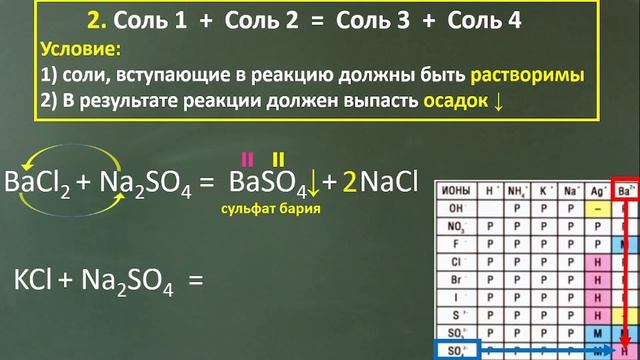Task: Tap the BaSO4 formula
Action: click(268, 183)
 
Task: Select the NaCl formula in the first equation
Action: click(389, 183)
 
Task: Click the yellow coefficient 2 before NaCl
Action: click(348, 183)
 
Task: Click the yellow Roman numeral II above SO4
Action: click(278, 158)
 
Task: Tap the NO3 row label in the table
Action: click(455, 226)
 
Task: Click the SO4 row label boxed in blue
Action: click(455, 349)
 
